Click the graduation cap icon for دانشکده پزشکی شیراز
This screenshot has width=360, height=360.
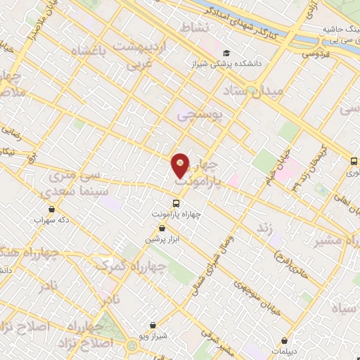(226, 53)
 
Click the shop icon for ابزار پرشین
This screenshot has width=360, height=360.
(162, 229)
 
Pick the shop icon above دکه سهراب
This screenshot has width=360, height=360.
(52, 209)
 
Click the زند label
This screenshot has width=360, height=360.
(264, 228)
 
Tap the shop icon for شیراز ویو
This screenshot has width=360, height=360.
(153, 326)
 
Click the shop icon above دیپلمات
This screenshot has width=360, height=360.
(283, 339)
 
